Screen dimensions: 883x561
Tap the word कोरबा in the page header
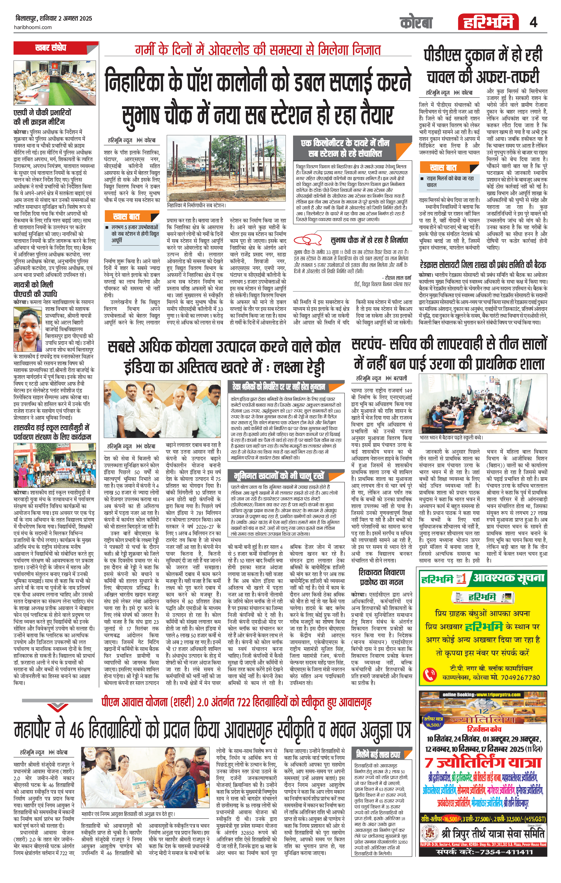pos(416,23)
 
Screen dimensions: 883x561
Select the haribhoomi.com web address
pos(33,27)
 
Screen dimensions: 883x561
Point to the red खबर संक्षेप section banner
pos(56,48)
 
